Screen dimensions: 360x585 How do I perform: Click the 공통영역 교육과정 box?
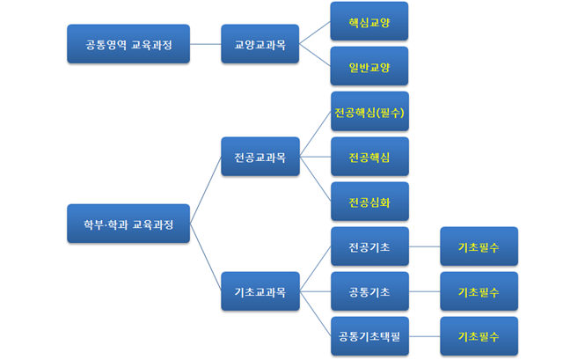click(x=128, y=44)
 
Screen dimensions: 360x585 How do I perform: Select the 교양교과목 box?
click(x=260, y=44)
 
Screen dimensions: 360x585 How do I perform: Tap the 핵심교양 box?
click(x=369, y=21)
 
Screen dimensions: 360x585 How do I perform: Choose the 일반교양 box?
click(x=369, y=67)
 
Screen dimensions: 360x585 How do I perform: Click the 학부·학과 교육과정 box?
click(x=128, y=224)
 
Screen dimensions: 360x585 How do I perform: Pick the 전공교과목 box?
click(x=260, y=157)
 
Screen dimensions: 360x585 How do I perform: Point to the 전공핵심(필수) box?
click(x=369, y=112)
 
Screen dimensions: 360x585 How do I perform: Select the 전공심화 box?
click(x=369, y=202)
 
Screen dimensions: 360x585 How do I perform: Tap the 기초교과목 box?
click(x=260, y=291)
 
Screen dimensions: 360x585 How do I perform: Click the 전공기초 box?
click(x=369, y=246)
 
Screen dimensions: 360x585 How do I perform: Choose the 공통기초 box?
click(x=369, y=291)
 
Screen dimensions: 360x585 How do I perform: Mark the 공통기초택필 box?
click(x=369, y=336)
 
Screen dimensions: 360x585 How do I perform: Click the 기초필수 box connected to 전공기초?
click(x=479, y=246)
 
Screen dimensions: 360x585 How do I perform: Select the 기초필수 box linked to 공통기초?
click(x=479, y=291)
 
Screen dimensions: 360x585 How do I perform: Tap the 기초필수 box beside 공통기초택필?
click(x=479, y=336)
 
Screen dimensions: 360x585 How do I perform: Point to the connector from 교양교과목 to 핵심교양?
click(x=314, y=33)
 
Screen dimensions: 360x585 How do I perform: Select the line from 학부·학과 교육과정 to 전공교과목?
click(x=205, y=190)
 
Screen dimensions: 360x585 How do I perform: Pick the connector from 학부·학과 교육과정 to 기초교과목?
click(x=205, y=258)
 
